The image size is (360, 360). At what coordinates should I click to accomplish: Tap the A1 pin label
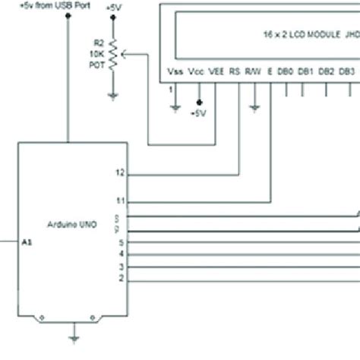coord(28,242)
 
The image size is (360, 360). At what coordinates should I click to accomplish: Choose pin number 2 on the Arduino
coord(121,279)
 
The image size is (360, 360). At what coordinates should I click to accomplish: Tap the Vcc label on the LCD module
coord(196,72)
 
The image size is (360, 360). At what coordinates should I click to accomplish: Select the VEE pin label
coord(216,72)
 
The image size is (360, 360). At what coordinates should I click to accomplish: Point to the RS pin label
coord(235,72)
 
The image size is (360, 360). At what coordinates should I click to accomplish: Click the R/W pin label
coord(255,72)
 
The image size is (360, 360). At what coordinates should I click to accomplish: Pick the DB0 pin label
coord(285,72)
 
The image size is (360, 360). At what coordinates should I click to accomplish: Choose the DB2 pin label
coord(326,72)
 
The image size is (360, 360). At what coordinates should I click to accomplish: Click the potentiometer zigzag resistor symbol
coord(113,55)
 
